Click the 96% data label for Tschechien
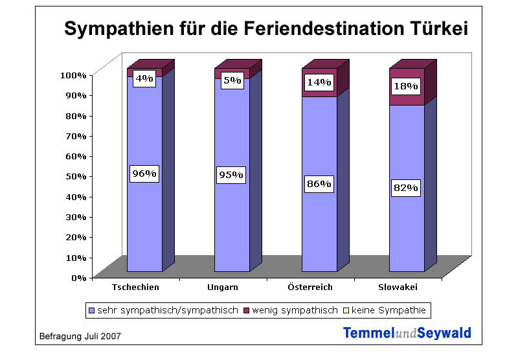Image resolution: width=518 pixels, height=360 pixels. tap(144, 174)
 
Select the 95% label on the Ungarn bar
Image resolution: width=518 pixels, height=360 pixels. tap(231, 174)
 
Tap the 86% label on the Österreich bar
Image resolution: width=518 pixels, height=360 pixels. tap(319, 184)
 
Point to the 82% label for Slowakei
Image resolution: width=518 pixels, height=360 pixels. tap(406, 188)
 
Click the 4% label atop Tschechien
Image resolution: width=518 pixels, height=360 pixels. tap(144, 79)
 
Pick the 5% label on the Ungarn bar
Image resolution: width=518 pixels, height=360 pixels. tap(232, 81)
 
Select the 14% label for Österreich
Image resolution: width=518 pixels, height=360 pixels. tap(320, 82)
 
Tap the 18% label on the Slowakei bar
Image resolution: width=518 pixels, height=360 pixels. tap(406, 86)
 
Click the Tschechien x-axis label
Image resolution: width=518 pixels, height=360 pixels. tap(135, 287)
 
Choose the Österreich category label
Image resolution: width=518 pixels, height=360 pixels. tap(310, 287)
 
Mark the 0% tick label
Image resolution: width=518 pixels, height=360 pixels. tap(78, 277)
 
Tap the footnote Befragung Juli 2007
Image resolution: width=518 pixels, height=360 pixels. tap(80, 337)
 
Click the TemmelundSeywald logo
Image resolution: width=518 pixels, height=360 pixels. tap(407, 333)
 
